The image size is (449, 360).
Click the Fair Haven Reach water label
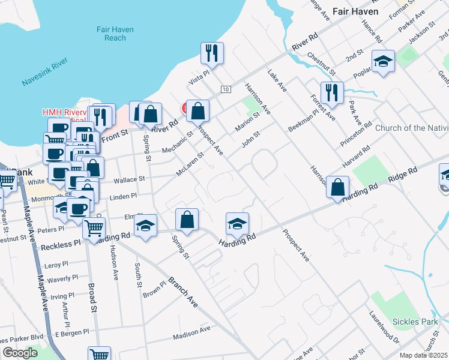pos(115,34)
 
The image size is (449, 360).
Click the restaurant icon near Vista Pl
pos(212,53)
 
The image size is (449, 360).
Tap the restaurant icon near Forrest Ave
pos(331,92)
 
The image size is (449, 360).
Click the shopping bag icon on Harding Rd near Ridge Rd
pos(339,187)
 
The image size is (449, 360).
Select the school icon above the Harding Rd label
pos(237,224)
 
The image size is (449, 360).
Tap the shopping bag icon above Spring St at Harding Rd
pos(187,219)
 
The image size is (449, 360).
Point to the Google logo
pos(20,353)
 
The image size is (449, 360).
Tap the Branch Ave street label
pos(183,290)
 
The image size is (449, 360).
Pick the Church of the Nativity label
pos(412,128)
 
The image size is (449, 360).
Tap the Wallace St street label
pos(130,179)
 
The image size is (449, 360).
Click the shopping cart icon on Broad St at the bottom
pos(99,354)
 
